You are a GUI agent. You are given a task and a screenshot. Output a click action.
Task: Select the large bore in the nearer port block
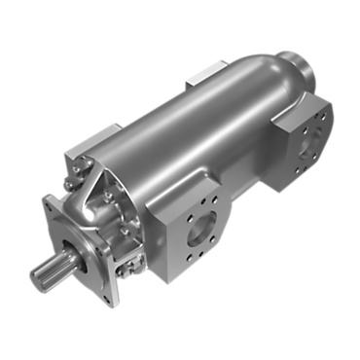click(x=199, y=234)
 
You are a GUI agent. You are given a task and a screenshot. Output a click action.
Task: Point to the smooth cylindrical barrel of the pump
click(x=195, y=136)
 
